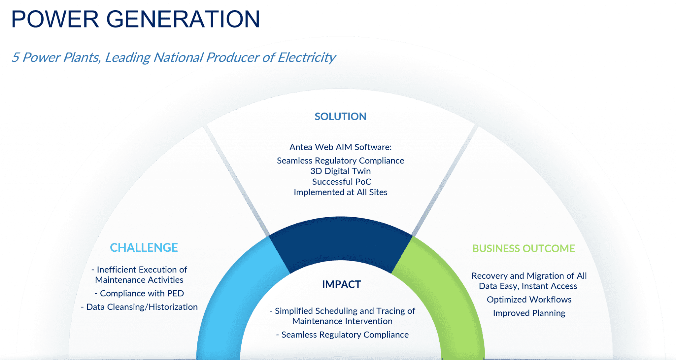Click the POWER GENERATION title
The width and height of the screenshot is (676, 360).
point(135,19)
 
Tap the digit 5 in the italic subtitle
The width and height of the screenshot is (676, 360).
point(15,58)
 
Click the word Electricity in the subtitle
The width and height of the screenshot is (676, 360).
point(306,58)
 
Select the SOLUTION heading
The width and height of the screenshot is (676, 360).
point(340,117)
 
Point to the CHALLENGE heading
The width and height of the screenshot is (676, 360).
point(144,248)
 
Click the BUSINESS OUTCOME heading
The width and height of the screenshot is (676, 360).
point(524,248)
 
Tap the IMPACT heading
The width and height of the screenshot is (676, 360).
point(341,284)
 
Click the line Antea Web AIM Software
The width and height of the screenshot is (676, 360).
point(340,147)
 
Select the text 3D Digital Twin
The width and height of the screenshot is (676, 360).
point(340,171)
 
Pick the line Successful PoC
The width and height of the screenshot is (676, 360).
point(341,182)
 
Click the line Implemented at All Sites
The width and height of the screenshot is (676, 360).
point(340,192)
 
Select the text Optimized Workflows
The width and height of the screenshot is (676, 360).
point(529,300)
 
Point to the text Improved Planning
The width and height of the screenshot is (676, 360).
point(529,313)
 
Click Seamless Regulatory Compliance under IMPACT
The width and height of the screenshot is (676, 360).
point(345,335)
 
